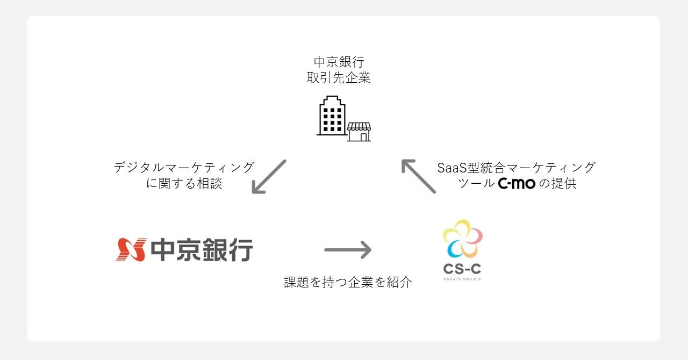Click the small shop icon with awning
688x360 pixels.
coord(359,132)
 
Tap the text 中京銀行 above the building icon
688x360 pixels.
coord(339,62)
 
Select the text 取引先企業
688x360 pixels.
coord(339,78)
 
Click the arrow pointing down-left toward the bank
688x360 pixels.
coord(269,176)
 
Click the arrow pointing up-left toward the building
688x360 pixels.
coord(418,176)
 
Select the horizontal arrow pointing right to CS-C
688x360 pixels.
coord(348,249)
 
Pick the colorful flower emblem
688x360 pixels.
coord(462,238)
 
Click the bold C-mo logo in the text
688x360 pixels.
coord(517,184)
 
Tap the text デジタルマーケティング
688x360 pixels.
coord(184,168)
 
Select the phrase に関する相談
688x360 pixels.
coord(184,184)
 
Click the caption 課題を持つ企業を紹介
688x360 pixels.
coord(348,282)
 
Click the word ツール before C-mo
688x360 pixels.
coord(476,184)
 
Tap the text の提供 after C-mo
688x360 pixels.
coord(557,184)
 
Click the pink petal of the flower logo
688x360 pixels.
coord(474,234)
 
